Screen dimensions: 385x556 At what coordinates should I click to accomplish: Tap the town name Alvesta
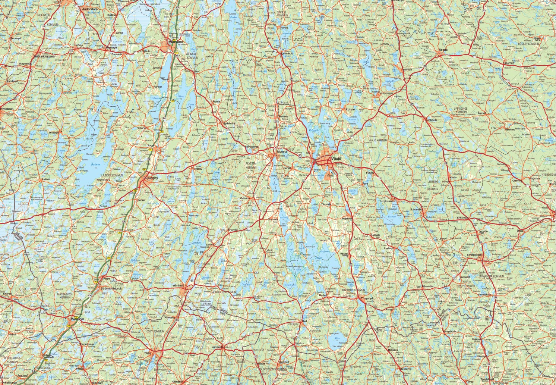tap(282, 152)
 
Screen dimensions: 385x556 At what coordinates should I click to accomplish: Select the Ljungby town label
tap(151, 178)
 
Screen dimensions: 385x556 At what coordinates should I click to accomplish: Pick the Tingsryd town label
tap(367, 298)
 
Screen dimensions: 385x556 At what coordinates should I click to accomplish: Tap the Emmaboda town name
tap(474, 255)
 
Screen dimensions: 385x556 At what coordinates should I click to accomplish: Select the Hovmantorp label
tap(389, 201)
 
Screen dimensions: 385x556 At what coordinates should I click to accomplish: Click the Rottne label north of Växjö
tap(350, 109)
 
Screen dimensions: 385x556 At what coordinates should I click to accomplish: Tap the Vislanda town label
tap(245, 198)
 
